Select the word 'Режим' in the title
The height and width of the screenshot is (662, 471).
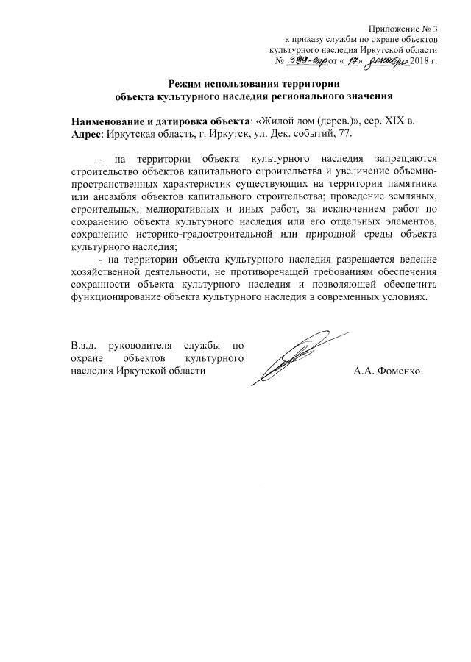tap(185, 82)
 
